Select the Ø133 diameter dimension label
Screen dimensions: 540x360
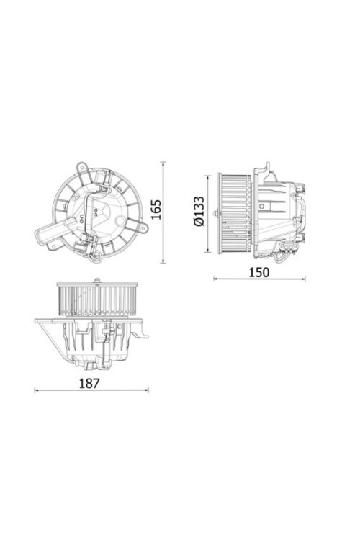[x=199, y=212]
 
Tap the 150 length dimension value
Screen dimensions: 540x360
[x=258, y=272]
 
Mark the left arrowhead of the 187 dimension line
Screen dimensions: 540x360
[x=37, y=391]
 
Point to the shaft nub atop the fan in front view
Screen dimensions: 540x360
[x=96, y=280]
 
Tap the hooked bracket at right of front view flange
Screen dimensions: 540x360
[x=145, y=333]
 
